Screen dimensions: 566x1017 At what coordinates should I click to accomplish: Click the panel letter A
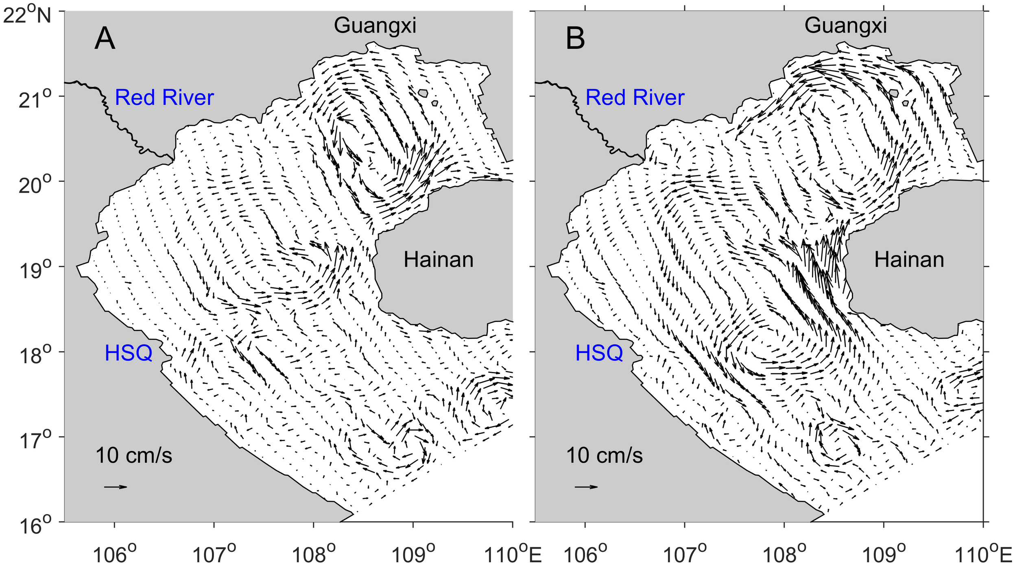tap(105, 39)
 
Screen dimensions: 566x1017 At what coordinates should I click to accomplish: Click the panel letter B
tap(575, 39)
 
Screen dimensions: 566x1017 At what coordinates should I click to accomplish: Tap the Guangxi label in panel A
tap(375, 25)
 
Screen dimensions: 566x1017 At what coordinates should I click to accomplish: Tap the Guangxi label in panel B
tap(846, 25)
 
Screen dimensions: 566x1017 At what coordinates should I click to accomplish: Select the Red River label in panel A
tap(164, 98)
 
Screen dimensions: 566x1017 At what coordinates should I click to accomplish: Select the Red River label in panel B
tap(635, 98)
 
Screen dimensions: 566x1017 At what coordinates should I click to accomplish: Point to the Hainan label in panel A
tap(439, 259)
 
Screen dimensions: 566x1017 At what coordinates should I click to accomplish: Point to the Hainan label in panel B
tap(909, 259)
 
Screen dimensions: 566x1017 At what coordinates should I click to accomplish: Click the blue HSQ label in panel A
tap(129, 353)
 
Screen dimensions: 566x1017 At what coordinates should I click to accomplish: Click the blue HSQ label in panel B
tap(599, 353)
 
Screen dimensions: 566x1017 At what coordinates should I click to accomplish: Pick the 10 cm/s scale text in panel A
tap(134, 455)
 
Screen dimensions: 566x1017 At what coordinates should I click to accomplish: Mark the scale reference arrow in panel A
tap(116, 487)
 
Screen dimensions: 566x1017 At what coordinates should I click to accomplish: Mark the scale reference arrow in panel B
tap(586, 487)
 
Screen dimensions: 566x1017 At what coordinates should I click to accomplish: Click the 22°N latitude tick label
tap(27, 16)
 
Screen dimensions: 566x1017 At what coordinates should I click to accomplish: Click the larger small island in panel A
tap(423, 93)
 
